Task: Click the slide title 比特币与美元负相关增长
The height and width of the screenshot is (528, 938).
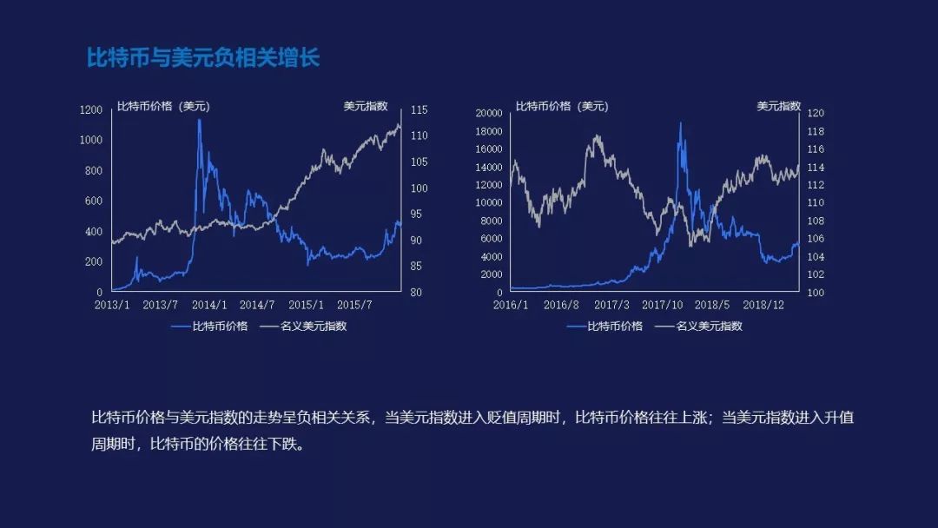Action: point(202,58)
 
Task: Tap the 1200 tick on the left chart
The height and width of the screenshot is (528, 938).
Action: point(91,110)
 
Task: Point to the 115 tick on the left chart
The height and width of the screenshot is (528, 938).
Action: point(419,110)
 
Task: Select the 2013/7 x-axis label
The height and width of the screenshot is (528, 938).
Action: point(161,305)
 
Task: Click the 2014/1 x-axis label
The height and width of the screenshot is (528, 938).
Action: point(209,305)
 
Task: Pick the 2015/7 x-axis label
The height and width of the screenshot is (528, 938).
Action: point(354,305)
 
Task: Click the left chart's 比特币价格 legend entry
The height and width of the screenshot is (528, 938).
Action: point(209,326)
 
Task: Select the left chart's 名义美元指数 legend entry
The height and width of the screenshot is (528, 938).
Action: point(303,326)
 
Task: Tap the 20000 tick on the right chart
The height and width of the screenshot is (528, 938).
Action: point(489,113)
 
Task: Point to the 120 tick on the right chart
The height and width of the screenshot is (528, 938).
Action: point(816,113)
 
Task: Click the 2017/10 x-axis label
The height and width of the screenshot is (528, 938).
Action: point(662,305)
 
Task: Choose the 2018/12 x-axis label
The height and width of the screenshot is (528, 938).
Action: point(763,305)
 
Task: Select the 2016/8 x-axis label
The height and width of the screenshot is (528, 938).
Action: point(561,305)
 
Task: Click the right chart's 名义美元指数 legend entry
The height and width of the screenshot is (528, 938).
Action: point(698,326)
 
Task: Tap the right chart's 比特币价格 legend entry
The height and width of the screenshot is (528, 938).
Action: point(604,326)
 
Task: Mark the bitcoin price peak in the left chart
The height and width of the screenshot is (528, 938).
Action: point(199,120)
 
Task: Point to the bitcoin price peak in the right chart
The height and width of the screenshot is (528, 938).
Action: point(680,123)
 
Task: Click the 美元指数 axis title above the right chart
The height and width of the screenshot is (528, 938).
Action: point(779,107)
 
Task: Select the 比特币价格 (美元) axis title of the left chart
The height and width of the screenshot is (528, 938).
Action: point(163,107)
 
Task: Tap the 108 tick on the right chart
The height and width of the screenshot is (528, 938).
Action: point(816,221)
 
